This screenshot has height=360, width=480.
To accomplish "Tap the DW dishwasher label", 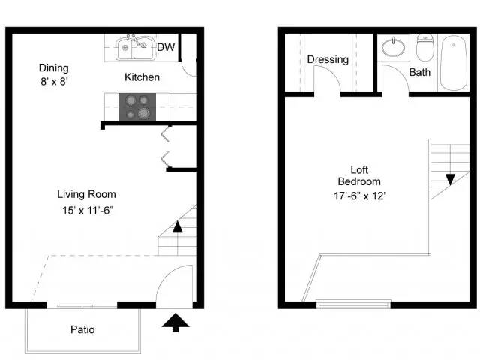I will (x=166, y=48).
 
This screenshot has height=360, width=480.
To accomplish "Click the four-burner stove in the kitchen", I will (x=136, y=106).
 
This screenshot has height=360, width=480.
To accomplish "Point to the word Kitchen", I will (x=142, y=76).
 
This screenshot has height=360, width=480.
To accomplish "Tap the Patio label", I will (x=82, y=329).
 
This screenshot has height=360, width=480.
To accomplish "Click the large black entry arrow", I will (x=175, y=322).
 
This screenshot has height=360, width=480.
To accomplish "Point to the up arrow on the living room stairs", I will (x=177, y=225).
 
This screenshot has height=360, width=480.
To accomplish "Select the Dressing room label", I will (x=327, y=59).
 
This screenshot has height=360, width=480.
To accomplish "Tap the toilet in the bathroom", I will (x=424, y=48).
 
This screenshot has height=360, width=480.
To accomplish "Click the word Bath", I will (x=419, y=73).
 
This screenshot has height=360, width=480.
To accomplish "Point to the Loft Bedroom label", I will (x=359, y=175).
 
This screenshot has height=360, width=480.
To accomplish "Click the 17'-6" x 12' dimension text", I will (x=359, y=196).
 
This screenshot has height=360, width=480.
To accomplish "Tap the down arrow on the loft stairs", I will (x=449, y=180).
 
